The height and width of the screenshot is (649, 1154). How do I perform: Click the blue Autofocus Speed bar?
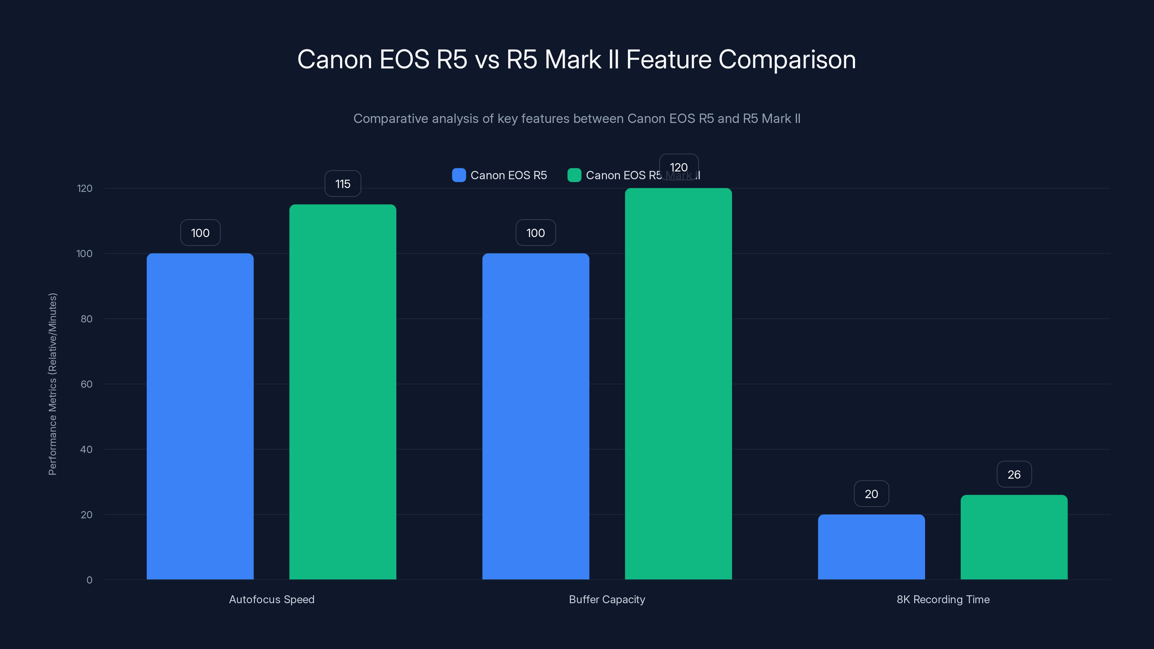click(x=200, y=416)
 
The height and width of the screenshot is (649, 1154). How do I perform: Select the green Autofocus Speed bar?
click(x=343, y=392)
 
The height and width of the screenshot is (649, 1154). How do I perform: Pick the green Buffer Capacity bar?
click(x=678, y=384)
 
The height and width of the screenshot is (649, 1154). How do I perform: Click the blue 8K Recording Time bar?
click(x=871, y=547)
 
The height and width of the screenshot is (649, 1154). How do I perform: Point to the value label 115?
click(x=343, y=184)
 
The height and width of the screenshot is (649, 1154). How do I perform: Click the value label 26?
click(x=1014, y=474)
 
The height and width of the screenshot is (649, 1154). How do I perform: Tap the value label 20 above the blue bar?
click(x=871, y=494)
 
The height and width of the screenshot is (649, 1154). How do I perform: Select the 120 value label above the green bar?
click(x=678, y=167)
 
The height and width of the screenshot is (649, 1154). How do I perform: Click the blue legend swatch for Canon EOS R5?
click(x=459, y=175)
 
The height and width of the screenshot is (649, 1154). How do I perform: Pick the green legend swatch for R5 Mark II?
click(x=574, y=175)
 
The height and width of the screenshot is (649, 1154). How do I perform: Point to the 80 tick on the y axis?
click(x=87, y=319)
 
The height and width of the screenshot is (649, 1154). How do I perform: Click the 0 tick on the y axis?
click(x=89, y=580)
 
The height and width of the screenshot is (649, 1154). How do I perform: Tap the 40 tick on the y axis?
click(x=87, y=449)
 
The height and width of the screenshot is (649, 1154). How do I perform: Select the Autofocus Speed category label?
click(x=272, y=599)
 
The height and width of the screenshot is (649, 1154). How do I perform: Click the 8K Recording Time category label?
click(x=943, y=599)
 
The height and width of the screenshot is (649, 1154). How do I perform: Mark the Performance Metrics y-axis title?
click(x=52, y=384)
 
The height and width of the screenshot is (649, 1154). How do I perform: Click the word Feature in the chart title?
click(x=668, y=59)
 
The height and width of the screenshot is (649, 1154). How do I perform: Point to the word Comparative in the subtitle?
click(x=391, y=119)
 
